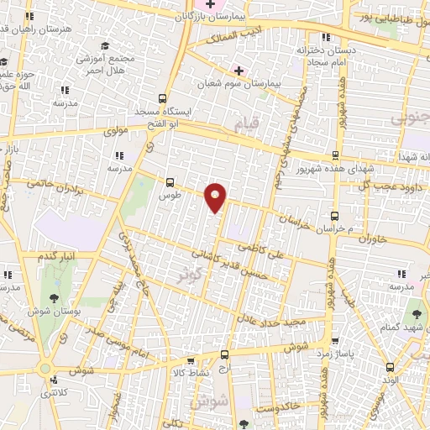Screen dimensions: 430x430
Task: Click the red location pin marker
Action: point(216,197)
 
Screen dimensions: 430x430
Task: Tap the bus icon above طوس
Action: point(171,181)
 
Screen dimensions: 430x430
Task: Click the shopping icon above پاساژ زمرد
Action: point(335,342)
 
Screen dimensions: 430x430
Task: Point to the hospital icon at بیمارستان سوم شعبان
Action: point(239,71)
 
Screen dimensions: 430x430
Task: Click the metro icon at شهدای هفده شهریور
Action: point(335,155)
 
